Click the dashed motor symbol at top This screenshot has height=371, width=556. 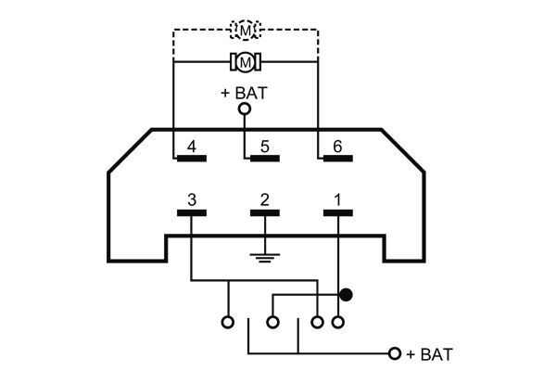pyautogui.click(x=246, y=32)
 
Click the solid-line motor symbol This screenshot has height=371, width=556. pyautogui.click(x=246, y=62)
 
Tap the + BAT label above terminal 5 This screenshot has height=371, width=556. pyautogui.click(x=245, y=92)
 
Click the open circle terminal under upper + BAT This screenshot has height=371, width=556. pyautogui.click(x=246, y=109)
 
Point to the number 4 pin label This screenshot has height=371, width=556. pyautogui.click(x=191, y=147)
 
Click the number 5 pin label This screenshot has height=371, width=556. pyautogui.click(x=264, y=147)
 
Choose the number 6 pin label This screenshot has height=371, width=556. pyautogui.click(x=337, y=147)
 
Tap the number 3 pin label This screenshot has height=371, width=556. pyautogui.click(x=191, y=199)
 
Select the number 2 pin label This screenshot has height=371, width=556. pyautogui.click(x=264, y=199)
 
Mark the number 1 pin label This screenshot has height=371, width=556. pyautogui.click(x=337, y=199)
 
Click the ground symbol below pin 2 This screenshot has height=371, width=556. pyautogui.click(x=264, y=256)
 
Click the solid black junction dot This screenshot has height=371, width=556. pyautogui.click(x=347, y=296)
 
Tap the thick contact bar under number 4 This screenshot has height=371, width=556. pyautogui.click(x=191, y=159)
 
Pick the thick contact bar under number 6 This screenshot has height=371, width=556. pyautogui.click(x=337, y=159)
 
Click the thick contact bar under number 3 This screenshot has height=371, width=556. pyautogui.click(x=191, y=212)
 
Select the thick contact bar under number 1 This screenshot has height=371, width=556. pyautogui.click(x=337, y=212)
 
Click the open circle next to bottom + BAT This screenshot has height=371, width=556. pyautogui.click(x=395, y=354)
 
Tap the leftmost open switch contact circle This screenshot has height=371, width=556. pyautogui.click(x=227, y=323)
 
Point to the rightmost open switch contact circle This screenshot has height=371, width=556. pyautogui.click(x=338, y=323)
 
